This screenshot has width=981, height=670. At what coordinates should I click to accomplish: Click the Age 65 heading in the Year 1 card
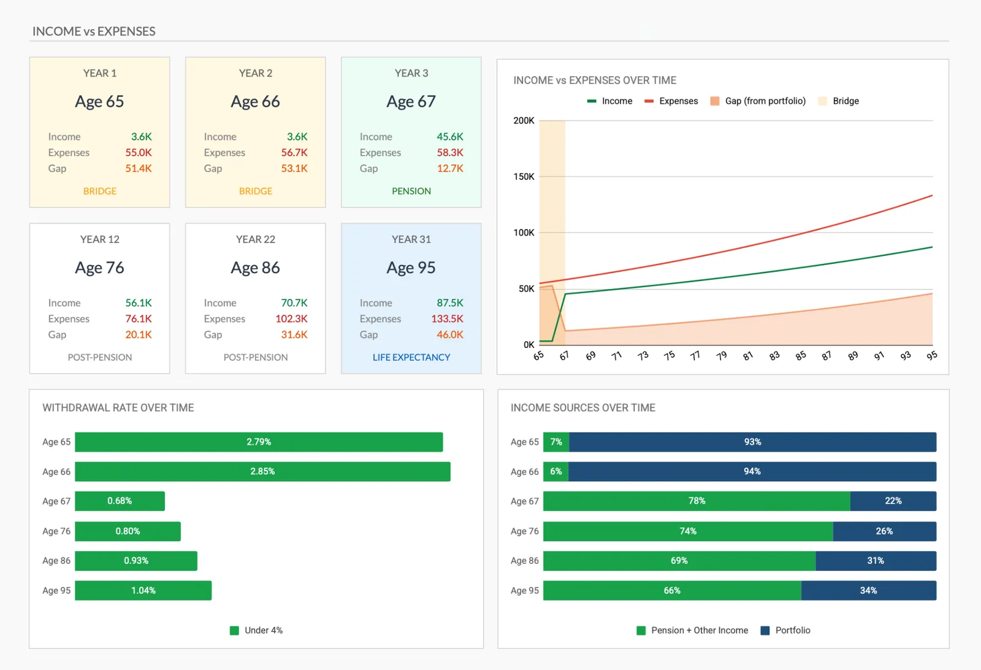pyautogui.click(x=99, y=101)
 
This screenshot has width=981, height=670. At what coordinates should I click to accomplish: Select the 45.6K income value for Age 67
pyautogui.click(x=449, y=137)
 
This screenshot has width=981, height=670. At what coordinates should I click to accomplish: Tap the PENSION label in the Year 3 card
pyautogui.click(x=411, y=191)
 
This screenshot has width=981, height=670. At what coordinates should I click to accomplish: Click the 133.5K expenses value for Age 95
pyautogui.click(x=447, y=319)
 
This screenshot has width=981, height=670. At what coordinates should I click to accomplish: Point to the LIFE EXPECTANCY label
pyautogui.click(x=411, y=358)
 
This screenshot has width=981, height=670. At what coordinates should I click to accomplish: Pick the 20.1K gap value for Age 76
pyautogui.click(x=139, y=335)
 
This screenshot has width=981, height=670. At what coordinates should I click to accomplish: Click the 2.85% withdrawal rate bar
pyautogui.click(x=262, y=472)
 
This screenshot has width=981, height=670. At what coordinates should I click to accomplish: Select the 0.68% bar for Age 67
pyautogui.click(x=120, y=501)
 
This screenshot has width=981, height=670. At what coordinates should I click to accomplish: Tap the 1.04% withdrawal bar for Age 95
pyautogui.click(x=143, y=591)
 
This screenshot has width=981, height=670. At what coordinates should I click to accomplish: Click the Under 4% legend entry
pyautogui.click(x=256, y=631)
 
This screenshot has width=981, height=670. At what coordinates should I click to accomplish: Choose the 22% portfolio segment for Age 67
pyautogui.click(x=893, y=501)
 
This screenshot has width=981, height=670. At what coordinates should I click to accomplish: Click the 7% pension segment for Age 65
pyautogui.click(x=556, y=442)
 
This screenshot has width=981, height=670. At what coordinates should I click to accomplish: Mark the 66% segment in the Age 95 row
pyautogui.click(x=672, y=591)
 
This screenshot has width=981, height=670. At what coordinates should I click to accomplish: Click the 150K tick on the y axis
pyautogui.click(x=524, y=177)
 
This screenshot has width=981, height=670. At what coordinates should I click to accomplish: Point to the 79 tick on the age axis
pyautogui.click(x=722, y=356)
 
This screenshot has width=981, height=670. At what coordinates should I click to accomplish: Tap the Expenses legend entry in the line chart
pyautogui.click(x=671, y=101)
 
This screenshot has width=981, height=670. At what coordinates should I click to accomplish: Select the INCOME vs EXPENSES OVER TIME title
pyautogui.click(x=595, y=80)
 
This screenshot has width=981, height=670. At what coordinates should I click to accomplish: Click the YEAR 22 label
pyautogui.click(x=255, y=239)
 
